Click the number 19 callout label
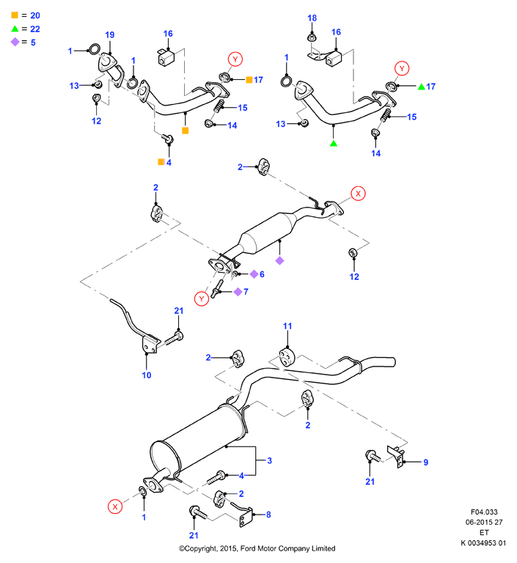109,35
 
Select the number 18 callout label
312,18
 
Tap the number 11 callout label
287,326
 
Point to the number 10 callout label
146,375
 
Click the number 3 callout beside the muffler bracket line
269,460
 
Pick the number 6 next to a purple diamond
262,274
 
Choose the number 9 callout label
426,463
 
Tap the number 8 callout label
268,515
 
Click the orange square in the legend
15,15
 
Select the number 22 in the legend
35,29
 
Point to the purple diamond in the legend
15,42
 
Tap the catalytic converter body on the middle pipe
268,233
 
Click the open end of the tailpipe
393,362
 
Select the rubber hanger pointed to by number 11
287,357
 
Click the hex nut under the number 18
311,37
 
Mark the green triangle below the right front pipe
334,144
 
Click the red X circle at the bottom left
115,507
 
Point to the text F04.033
484,512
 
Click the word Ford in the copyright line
248,548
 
